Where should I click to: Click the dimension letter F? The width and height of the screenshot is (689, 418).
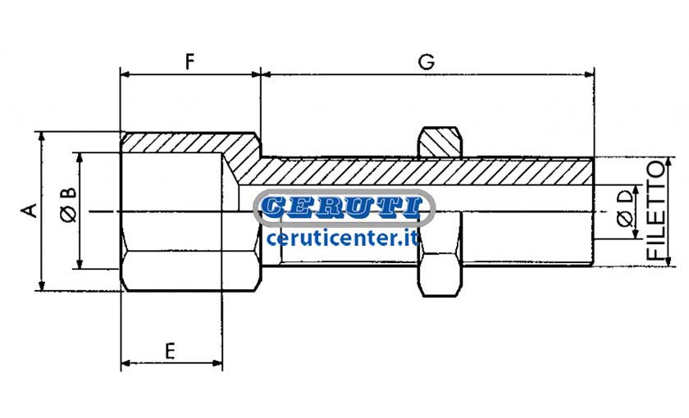189,62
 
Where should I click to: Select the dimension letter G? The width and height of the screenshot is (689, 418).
427,62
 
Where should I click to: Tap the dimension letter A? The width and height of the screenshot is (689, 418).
29,211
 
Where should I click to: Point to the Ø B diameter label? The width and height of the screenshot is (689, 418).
69,204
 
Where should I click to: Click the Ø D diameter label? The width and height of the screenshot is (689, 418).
625,207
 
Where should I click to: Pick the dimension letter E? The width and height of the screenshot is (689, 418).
170,352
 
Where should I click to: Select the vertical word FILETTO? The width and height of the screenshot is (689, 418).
655,211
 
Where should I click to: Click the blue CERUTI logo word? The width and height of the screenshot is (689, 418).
344,207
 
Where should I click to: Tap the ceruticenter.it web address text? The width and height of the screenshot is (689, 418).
343,238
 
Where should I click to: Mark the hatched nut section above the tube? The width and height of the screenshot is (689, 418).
440,143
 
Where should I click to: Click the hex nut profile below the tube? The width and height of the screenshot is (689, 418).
440,275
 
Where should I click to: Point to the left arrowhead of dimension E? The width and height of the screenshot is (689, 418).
126,363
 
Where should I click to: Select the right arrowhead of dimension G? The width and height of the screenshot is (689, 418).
589,75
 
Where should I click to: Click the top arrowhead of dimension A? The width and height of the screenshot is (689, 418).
42,137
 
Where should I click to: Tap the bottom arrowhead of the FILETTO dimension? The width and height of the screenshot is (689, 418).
668,261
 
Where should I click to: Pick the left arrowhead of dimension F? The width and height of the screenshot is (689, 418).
126,75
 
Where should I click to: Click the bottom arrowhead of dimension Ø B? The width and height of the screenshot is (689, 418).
80,263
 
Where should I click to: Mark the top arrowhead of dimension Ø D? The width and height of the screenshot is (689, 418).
636,190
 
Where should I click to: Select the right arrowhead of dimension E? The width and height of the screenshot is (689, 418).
217,363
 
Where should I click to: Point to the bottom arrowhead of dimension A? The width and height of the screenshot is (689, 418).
42,285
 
